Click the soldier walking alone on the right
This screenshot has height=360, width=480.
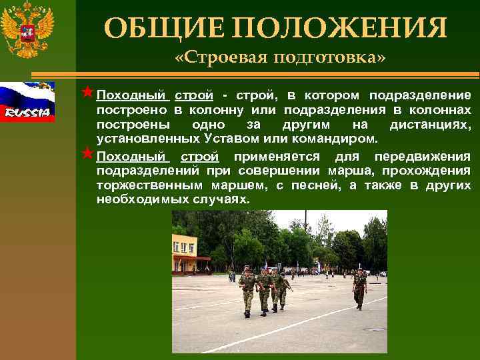coord(360,289)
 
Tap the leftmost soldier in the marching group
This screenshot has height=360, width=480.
coord(247,291)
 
